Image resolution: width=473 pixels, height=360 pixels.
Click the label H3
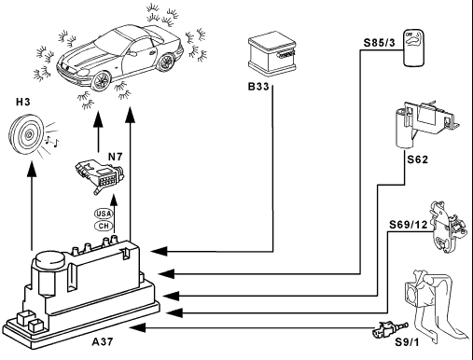tap(23, 102)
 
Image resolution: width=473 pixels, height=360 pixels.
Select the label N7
tap(116, 157)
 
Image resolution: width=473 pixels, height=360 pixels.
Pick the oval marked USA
tap(104, 214)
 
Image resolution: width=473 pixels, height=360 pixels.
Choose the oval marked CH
tap(104, 226)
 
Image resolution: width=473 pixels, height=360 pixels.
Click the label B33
tap(258, 86)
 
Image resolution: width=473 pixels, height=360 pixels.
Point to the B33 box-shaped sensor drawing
tap(272, 53)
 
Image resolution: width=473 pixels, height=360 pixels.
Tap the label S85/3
tap(380, 43)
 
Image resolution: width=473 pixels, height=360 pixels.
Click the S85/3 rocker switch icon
tap(414, 48)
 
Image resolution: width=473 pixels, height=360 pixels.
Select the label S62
tap(418, 159)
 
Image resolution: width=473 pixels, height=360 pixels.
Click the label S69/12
tap(409, 224)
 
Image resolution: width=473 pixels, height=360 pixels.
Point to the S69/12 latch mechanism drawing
tap(448, 227)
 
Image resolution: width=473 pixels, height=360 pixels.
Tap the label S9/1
tap(407, 342)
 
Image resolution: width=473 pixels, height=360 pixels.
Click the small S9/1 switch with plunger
tap(389, 330)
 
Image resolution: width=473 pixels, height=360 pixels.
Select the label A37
tap(103, 341)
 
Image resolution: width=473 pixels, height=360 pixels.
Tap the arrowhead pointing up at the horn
tap(32, 169)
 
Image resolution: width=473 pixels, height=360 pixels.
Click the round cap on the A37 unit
tap(50, 260)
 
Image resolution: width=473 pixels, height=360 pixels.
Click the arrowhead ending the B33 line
tap(160, 251)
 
